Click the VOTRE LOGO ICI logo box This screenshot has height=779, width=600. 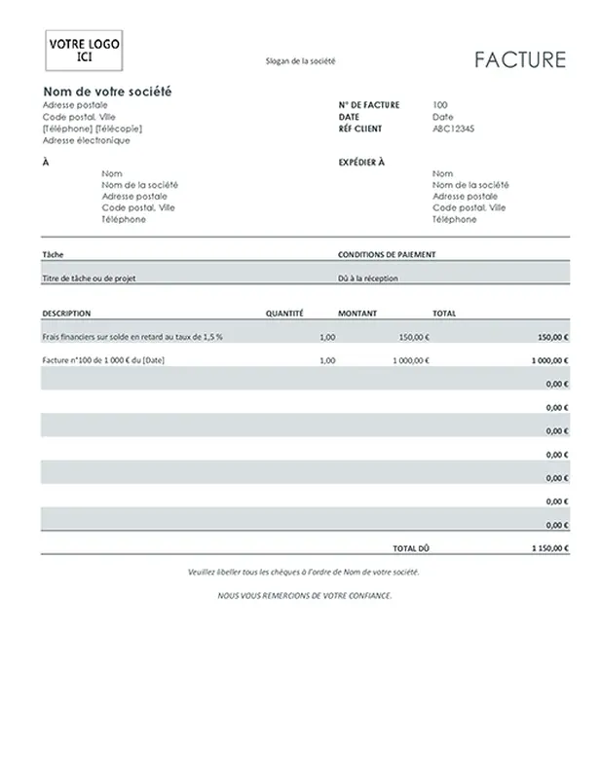coord(84,50)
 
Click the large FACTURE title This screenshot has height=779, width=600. coord(520,60)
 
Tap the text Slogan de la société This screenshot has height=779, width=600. coord(300,61)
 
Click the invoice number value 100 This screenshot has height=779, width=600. coord(439,105)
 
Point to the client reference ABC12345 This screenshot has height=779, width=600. coord(453,129)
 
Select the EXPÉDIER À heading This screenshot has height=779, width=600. coord(361,163)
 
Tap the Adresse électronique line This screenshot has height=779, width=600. coord(87,140)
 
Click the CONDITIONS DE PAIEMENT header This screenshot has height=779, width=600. coord(387,254)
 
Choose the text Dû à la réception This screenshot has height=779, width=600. coord(368,278)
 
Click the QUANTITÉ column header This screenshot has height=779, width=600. coord(284,314)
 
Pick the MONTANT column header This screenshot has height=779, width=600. coord(357,314)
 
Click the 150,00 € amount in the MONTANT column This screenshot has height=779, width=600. coord(414,337)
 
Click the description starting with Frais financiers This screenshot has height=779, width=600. coord(132,337)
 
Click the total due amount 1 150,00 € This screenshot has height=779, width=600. coord(550,548)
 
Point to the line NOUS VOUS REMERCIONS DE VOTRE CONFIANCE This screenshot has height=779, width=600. coord(304,595)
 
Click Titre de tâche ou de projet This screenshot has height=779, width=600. coord(89,278)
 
